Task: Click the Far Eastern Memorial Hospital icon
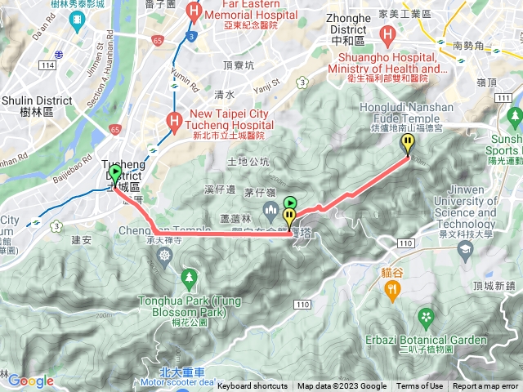(x=194, y=11)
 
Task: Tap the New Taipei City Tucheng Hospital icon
(x=174, y=120)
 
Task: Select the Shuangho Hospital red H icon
(x=387, y=34)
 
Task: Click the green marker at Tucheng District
(x=115, y=174)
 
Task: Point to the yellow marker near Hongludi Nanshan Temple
(x=408, y=144)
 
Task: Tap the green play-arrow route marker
(x=290, y=203)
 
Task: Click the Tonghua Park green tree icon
(x=190, y=279)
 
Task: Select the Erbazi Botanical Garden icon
(x=425, y=316)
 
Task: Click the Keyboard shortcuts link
(x=253, y=386)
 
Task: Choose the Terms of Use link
(x=420, y=386)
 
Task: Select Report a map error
(x=486, y=386)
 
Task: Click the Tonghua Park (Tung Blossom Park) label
(x=190, y=305)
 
